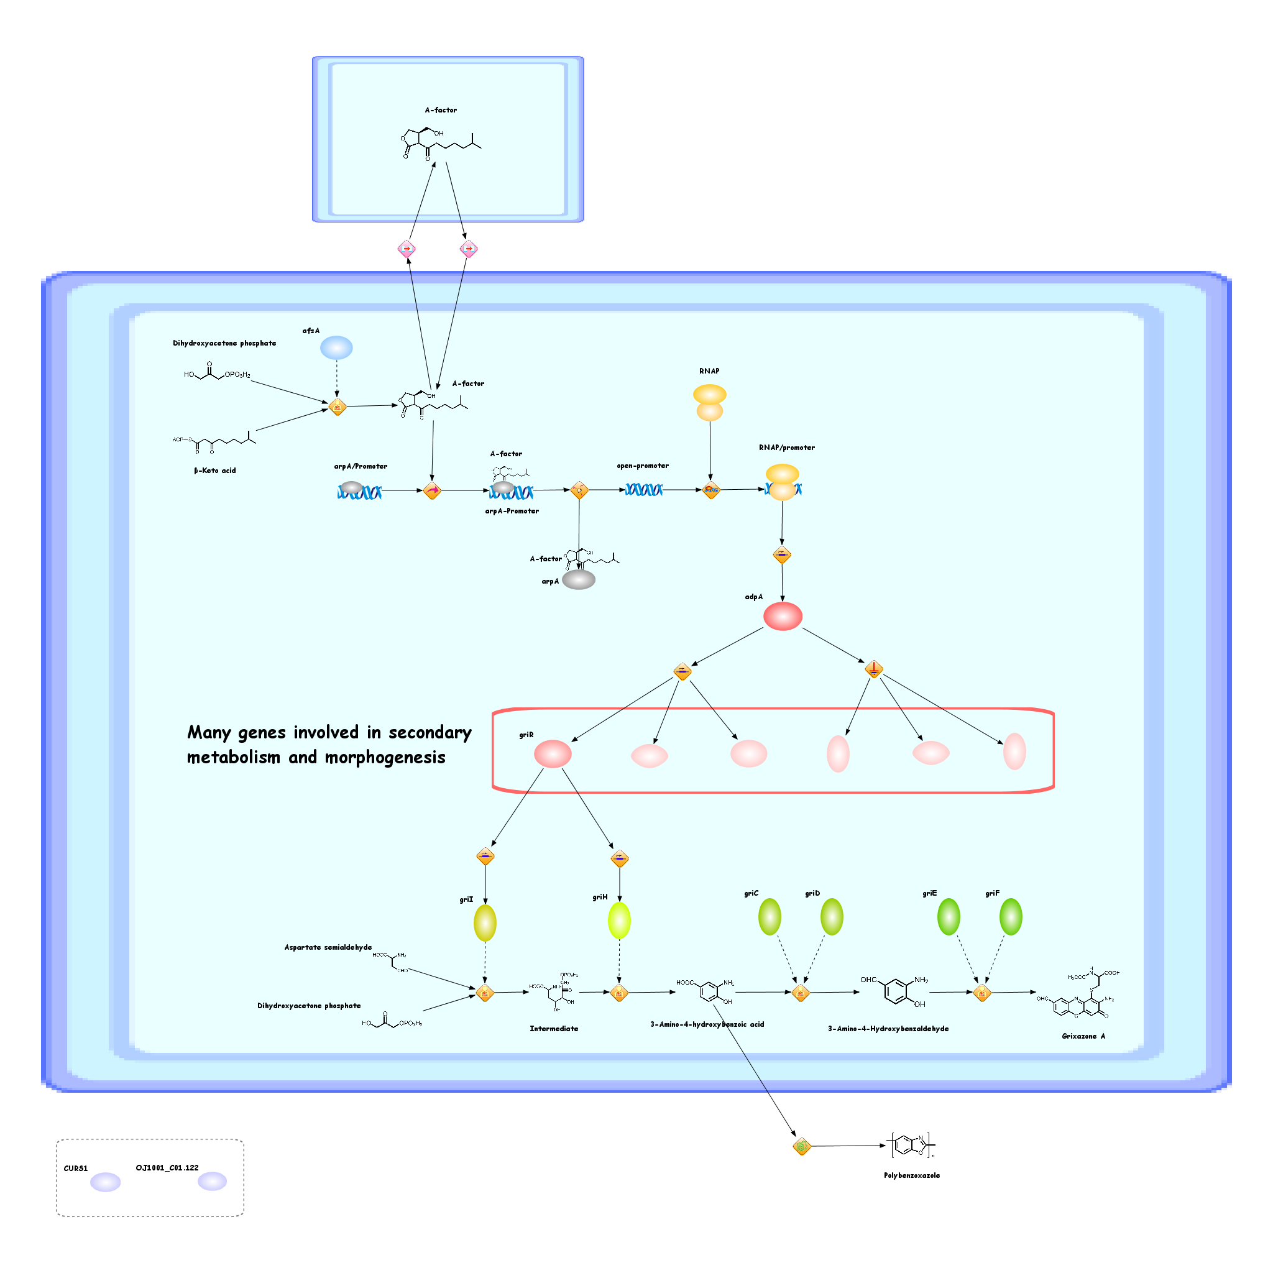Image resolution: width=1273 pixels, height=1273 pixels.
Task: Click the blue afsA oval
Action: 336,347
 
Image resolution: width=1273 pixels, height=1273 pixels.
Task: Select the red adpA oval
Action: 782,616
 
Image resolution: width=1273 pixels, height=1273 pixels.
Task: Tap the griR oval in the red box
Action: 552,753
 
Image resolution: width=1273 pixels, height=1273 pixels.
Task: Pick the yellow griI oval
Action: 485,922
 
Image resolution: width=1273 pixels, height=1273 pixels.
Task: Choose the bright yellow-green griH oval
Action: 618,921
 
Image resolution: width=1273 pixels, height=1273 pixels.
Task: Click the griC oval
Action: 770,917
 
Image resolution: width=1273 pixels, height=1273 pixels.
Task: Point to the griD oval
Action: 832,917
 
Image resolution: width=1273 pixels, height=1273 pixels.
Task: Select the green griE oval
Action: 949,917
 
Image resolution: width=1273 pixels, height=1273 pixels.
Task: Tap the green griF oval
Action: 1011,917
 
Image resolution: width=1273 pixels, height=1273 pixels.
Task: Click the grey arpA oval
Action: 579,579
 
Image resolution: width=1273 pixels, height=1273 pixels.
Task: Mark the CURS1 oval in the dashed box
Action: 106,1182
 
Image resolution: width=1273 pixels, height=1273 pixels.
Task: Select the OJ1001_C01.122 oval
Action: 212,1181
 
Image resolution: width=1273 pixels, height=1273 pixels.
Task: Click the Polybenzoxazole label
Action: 912,1175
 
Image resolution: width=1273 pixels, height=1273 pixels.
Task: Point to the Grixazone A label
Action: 1083,1036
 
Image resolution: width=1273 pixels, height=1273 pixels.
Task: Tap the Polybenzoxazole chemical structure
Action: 912,1145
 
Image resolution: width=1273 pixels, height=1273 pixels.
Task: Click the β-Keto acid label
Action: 215,471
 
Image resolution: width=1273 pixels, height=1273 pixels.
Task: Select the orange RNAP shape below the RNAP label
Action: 710,403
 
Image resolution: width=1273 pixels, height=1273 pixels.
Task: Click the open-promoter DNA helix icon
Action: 643,490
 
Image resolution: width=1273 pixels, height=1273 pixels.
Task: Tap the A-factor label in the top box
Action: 441,110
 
